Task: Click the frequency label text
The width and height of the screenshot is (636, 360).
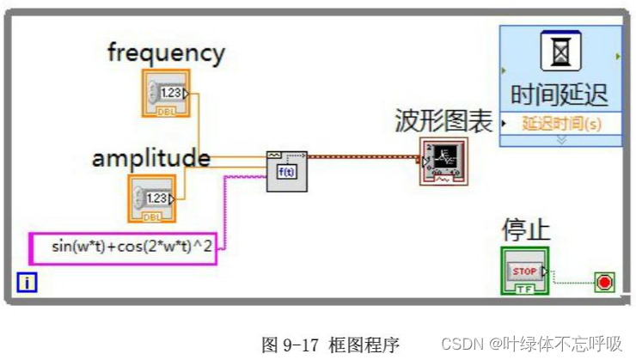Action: pyautogui.click(x=166, y=52)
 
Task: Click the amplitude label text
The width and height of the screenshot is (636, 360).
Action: pyautogui.click(x=151, y=158)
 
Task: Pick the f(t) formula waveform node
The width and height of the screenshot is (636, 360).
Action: pyautogui.click(x=286, y=168)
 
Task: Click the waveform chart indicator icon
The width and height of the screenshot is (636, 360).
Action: pyautogui.click(x=443, y=161)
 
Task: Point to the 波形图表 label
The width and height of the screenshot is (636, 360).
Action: pyautogui.click(x=443, y=121)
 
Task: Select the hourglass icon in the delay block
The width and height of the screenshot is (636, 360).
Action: pyautogui.click(x=560, y=52)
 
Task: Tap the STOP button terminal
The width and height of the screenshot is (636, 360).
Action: pyautogui.click(x=524, y=271)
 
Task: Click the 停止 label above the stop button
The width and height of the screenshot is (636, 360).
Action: pyautogui.click(x=525, y=230)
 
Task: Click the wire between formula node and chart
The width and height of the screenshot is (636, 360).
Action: pyautogui.click(x=361, y=157)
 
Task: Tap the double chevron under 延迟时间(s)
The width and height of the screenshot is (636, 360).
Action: pyautogui.click(x=561, y=139)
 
